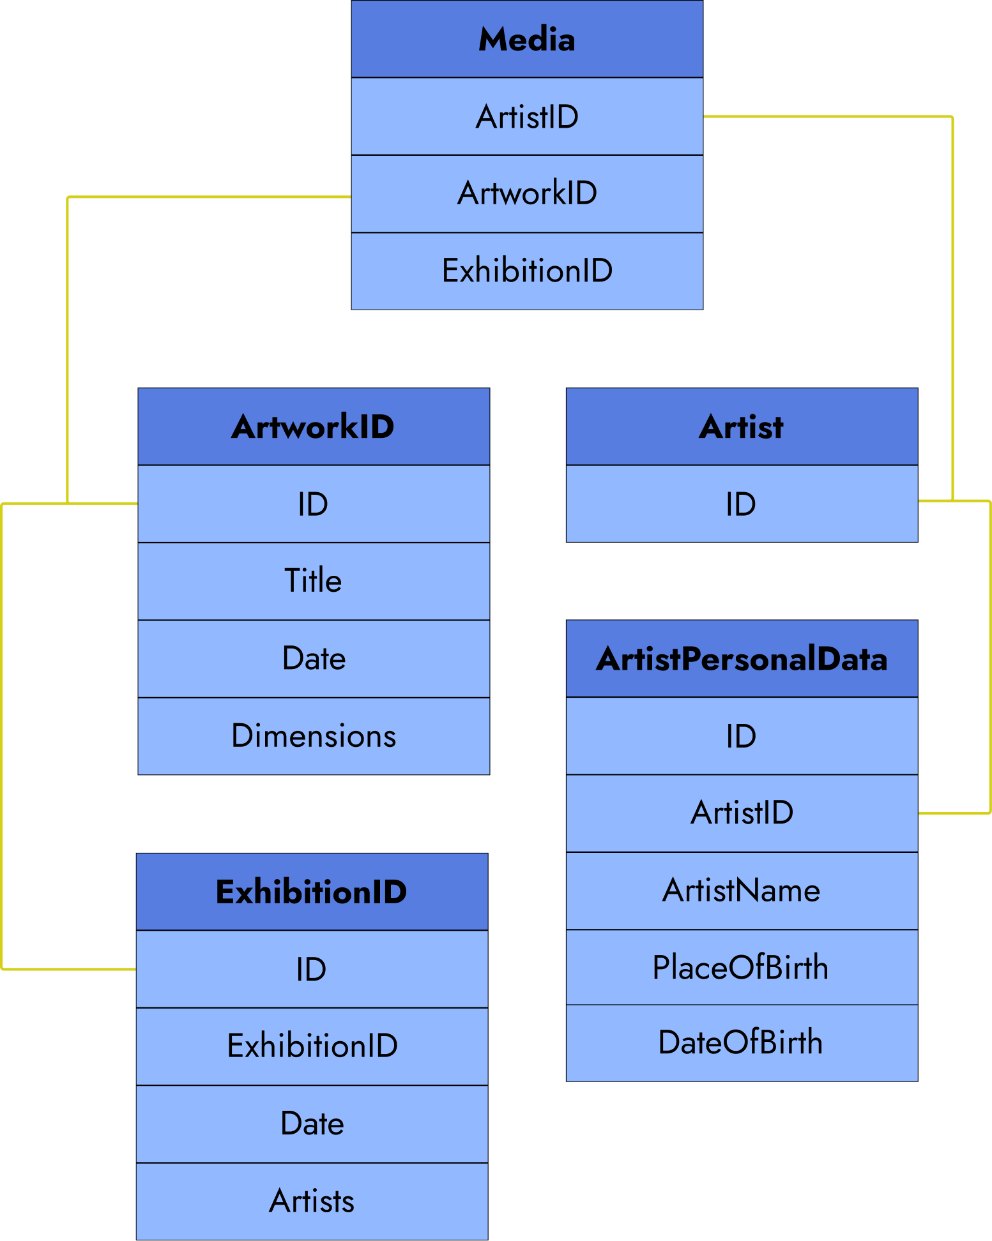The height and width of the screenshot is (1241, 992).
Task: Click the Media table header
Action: point(527,40)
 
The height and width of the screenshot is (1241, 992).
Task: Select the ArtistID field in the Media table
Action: point(527,117)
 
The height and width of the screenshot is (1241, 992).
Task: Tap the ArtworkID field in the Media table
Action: point(527,193)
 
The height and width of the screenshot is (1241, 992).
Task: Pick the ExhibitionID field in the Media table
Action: point(527,271)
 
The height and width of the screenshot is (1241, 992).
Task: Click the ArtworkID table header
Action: point(314,426)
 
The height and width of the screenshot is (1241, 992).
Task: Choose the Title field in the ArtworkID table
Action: point(314,581)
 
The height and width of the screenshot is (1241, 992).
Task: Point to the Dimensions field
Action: point(314,736)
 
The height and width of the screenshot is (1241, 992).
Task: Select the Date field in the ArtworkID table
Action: point(314,658)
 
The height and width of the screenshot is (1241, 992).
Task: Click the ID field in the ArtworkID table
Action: point(314,504)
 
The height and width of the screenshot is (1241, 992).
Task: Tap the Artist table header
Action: point(742,426)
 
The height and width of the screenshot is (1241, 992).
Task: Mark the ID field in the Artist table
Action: point(742,504)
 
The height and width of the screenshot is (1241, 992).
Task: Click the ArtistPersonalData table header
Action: point(742,659)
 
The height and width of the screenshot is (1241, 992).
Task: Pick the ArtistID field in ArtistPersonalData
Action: point(742,813)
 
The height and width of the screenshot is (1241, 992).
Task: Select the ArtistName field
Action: point(742,891)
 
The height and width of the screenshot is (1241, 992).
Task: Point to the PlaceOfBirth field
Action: point(742,967)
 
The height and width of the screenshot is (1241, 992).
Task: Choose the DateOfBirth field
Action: point(742,1042)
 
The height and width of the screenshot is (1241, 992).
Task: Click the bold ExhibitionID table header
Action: point(312,892)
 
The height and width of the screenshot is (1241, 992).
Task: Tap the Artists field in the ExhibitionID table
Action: point(312,1201)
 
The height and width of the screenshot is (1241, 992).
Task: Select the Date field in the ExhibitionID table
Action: point(312,1124)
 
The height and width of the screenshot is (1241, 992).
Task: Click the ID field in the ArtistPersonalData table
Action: point(742,736)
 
